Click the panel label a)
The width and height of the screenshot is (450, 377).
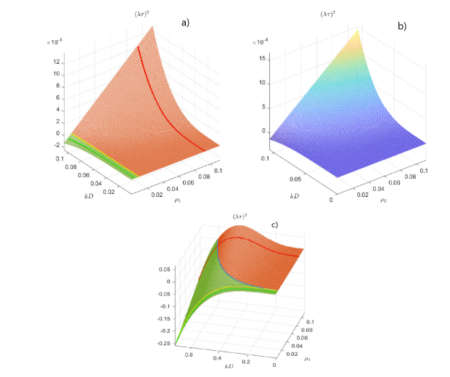[x=185, y=23]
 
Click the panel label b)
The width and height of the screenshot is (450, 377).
[x=401, y=26]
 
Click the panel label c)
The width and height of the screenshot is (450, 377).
[x=275, y=224]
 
